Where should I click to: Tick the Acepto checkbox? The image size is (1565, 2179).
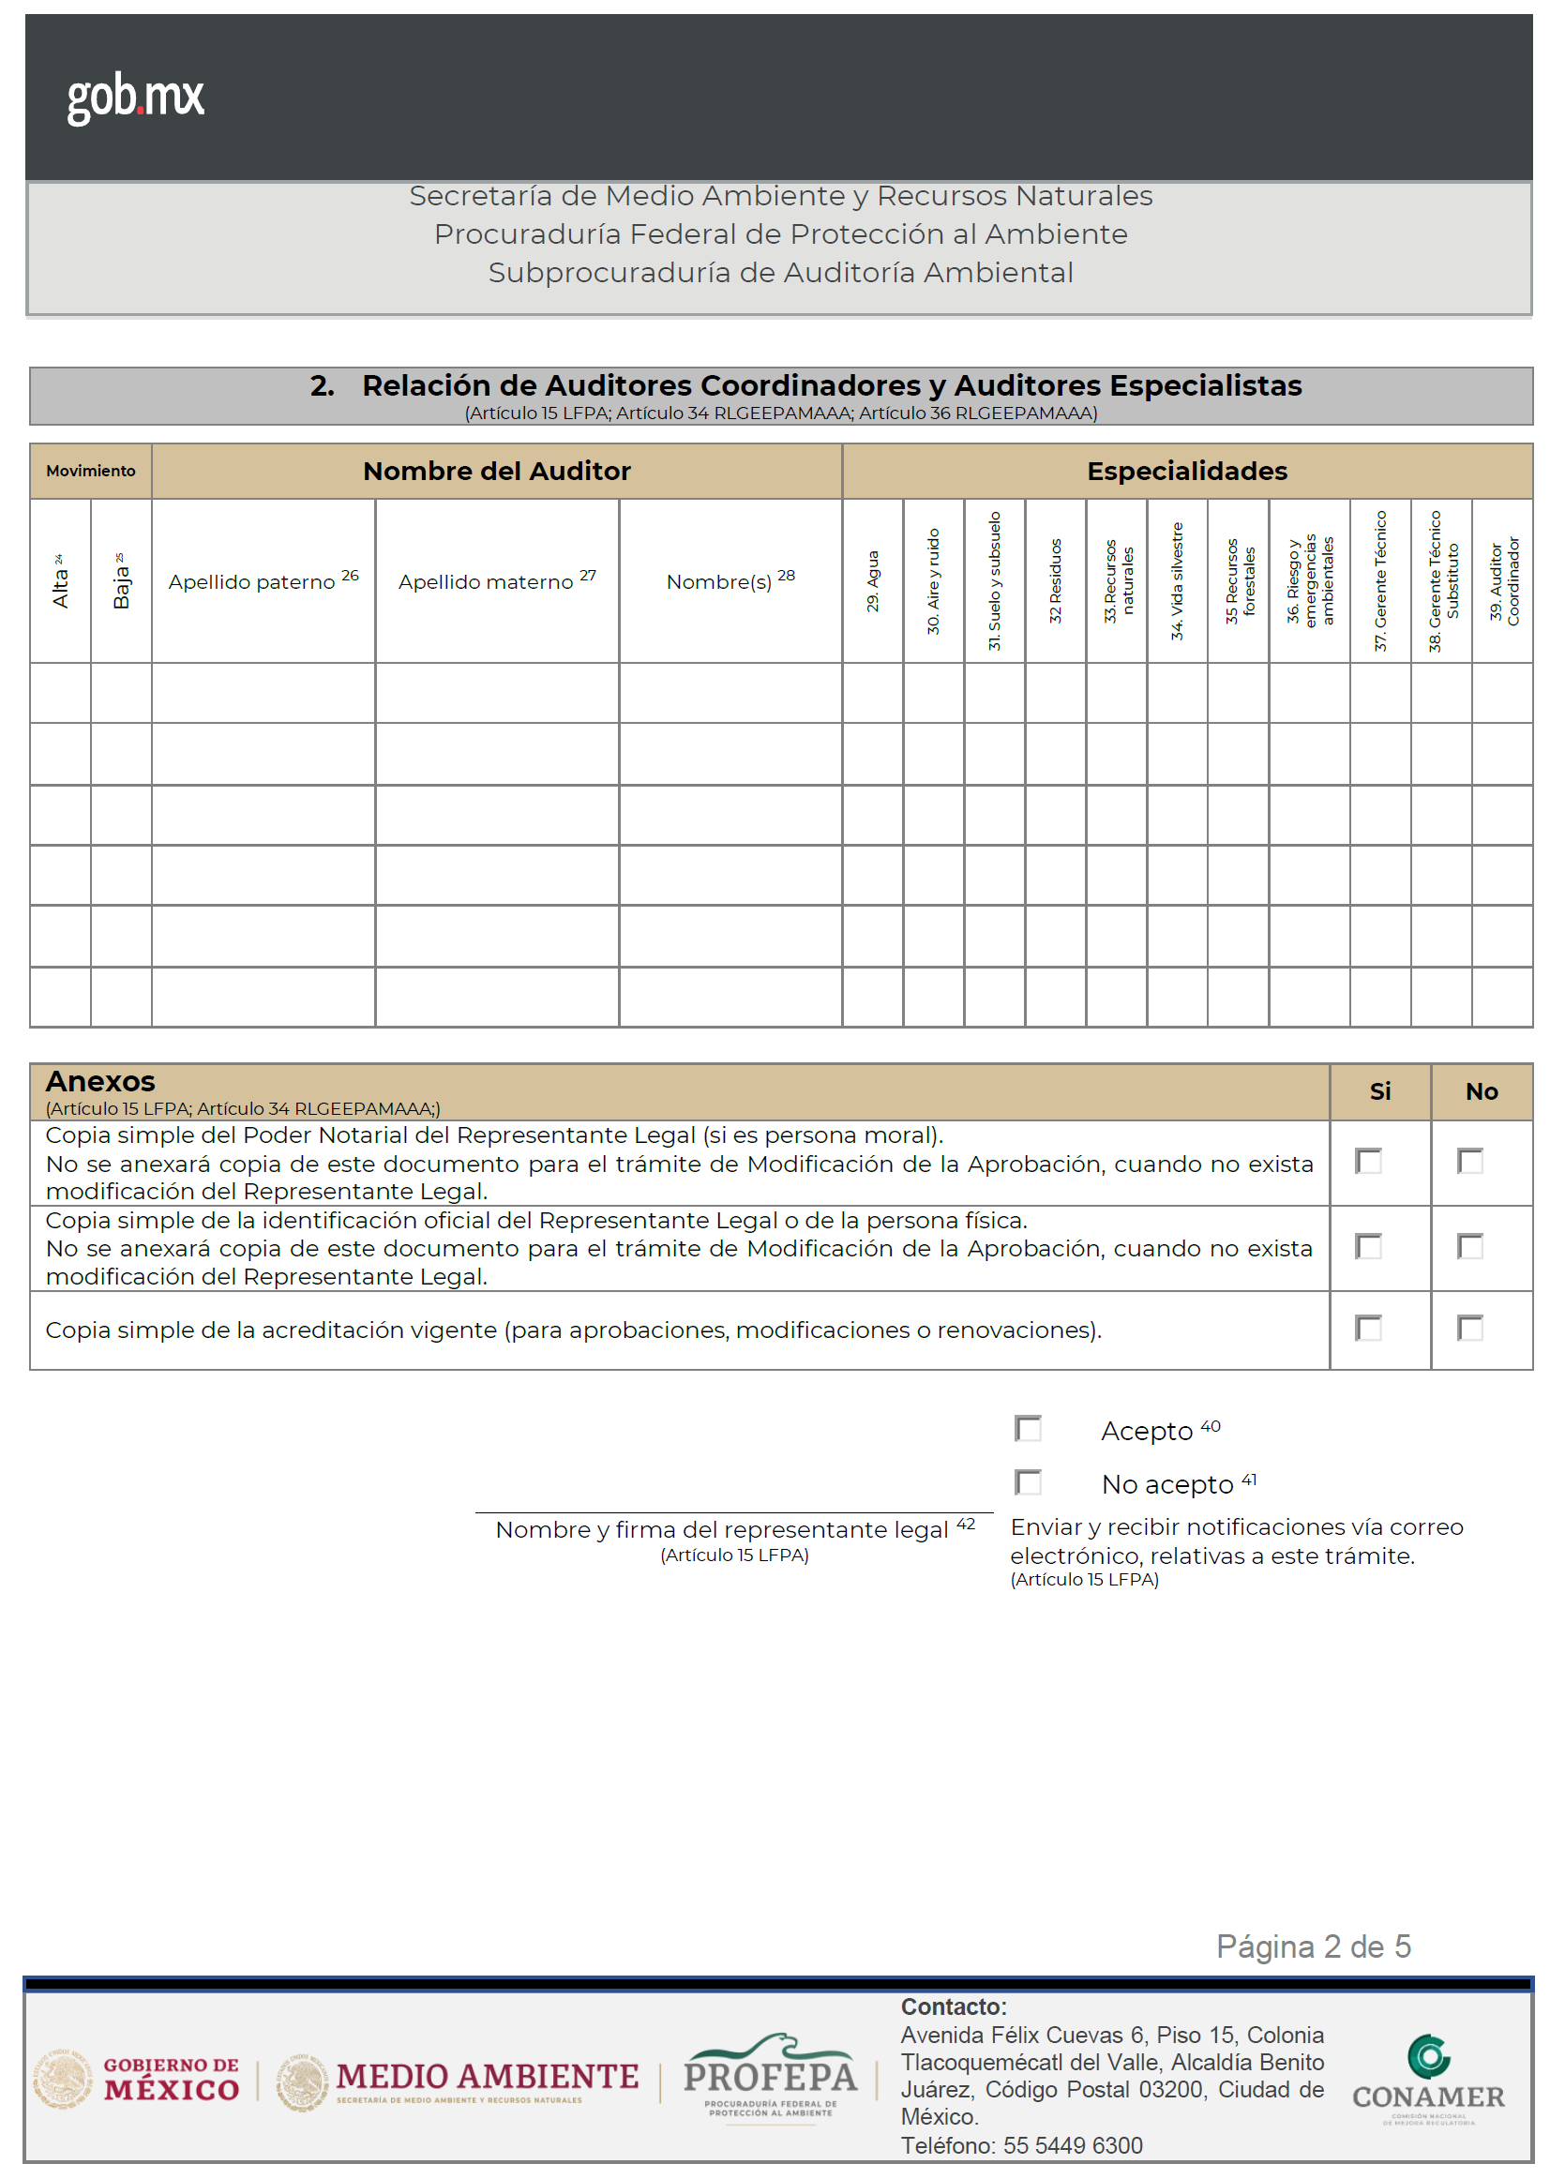point(1028,1429)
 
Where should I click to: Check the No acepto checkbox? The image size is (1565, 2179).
point(1028,1482)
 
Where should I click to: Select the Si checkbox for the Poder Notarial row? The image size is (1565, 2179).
point(1368,1161)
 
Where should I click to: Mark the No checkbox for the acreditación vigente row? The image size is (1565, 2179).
point(1470,1328)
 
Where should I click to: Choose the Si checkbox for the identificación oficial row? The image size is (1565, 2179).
point(1368,1246)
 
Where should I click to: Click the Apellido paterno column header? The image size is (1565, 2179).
point(263,581)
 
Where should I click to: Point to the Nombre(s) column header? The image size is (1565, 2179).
point(730,581)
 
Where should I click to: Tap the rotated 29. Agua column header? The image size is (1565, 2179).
point(872,581)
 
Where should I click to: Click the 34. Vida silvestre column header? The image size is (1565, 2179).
point(1177,581)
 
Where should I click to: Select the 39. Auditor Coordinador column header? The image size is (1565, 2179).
point(1502,581)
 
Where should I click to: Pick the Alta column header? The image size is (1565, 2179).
point(61,581)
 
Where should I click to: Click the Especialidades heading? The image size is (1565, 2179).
point(1186,471)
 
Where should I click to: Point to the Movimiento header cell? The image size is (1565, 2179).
point(90,471)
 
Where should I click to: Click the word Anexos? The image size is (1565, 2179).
point(100,1082)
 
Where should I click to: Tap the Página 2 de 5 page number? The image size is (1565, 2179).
point(1313,1946)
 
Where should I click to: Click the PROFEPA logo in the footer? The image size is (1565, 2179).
point(770,2078)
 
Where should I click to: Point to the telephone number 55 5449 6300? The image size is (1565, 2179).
point(1072,2145)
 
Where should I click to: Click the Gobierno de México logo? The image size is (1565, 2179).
point(136,2080)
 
